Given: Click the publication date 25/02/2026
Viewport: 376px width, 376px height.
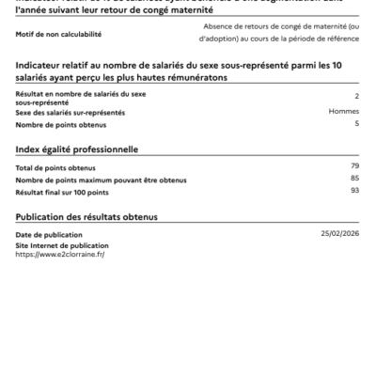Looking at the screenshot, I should tap(340, 232).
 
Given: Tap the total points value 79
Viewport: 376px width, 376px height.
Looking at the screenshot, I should tap(354, 166).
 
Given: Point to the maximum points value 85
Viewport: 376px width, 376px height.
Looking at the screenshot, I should tap(354, 178).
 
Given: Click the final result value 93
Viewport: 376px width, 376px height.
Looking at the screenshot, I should tap(354, 190).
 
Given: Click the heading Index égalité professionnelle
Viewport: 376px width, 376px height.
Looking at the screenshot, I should tap(78, 149).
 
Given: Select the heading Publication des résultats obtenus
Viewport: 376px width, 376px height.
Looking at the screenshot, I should tap(86, 216).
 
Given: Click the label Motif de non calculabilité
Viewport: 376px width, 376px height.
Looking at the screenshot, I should tap(57, 34).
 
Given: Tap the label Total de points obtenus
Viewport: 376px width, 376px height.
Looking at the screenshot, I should tap(56, 167).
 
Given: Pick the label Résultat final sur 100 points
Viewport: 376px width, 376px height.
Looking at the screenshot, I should tap(62, 190).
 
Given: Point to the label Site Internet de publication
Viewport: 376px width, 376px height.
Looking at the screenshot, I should tap(55, 245).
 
